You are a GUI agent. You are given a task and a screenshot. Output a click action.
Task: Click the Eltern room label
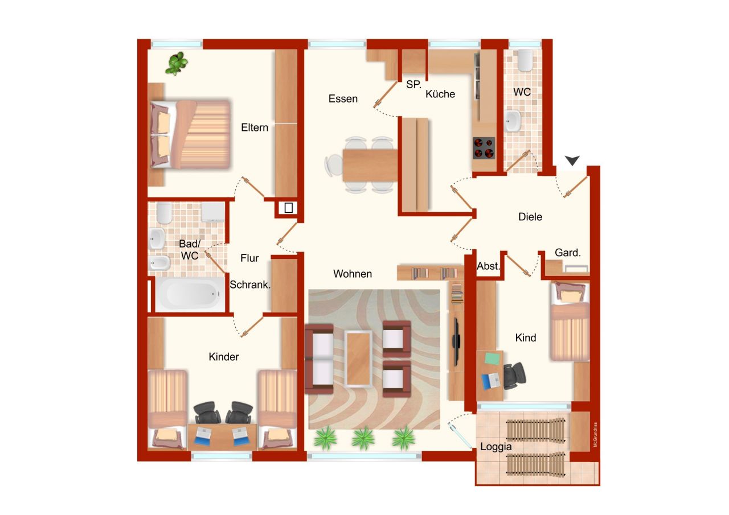pos(255,127)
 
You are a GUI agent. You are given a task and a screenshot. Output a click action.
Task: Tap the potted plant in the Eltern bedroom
pos(177,63)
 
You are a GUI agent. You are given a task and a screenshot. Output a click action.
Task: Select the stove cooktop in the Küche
pos(484,148)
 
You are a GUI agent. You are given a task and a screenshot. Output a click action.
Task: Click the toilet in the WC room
pos(525,60)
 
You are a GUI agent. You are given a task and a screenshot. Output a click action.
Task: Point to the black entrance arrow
pos(572,160)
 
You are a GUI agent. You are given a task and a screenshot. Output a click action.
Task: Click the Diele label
pos(530,217)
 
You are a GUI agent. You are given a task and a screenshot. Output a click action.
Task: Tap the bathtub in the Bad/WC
pos(190,294)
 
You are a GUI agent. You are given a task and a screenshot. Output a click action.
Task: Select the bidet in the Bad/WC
pos(159,263)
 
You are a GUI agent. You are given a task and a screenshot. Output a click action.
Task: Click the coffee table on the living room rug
pos(358,359)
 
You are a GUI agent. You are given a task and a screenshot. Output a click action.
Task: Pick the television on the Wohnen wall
pos(456,342)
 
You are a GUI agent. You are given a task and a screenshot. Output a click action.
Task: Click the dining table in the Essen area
pos(370,165)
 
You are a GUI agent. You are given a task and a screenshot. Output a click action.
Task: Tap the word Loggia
pos(495,447)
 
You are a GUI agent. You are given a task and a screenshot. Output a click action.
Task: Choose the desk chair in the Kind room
pos(514,376)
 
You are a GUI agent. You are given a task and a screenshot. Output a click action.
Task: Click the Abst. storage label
pos(488,266)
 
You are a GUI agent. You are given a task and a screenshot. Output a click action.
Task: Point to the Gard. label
pos(568,253)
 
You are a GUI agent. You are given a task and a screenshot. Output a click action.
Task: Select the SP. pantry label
pos(413,85)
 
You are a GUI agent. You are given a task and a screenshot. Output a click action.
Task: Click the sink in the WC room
pos(513,121)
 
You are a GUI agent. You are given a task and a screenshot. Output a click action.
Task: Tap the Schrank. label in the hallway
pos(250,285)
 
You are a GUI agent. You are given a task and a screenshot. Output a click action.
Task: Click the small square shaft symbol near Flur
pos(288,208)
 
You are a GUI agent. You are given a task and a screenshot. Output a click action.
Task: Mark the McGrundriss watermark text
pos(595,435)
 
